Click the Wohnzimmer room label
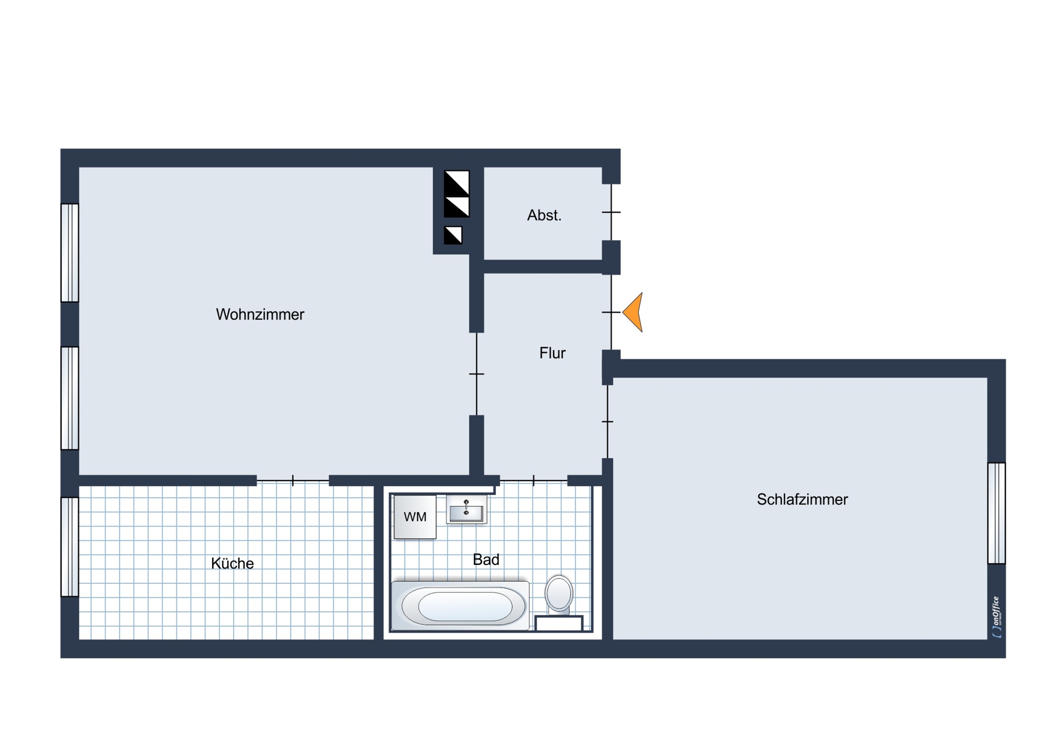click(x=260, y=314)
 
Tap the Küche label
click(x=232, y=563)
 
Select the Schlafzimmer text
click(x=802, y=499)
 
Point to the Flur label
click(x=552, y=353)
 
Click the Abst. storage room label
click(x=544, y=215)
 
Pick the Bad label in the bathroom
click(x=486, y=559)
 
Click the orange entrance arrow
click(x=633, y=312)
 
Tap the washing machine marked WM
click(x=415, y=516)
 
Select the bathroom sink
click(x=466, y=509)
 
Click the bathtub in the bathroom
click(x=461, y=605)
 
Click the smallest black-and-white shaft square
click(x=453, y=235)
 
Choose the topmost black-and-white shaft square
click(x=457, y=183)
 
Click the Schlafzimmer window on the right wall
click(x=996, y=513)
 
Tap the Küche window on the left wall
click(x=69, y=547)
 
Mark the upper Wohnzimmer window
click(x=69, y=253)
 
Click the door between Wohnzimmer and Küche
click(x=293, y=481)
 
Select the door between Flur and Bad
click(x=533, y=481)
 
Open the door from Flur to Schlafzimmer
click(x=607, y=422)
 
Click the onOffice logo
click(x=996, y=617)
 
